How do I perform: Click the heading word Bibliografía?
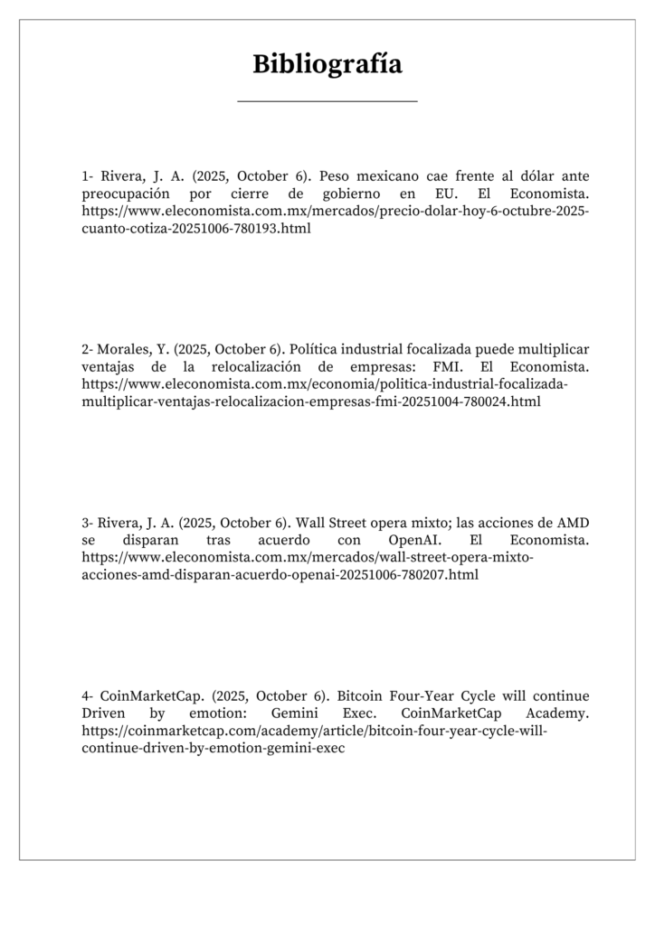point(327,64)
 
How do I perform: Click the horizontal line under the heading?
point(327,101)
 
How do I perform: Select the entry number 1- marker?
point(88,176)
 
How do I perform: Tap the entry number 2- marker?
point(88,349)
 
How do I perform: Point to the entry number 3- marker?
point(88,523)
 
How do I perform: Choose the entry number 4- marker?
point(88,696)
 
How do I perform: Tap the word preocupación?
point(126,194)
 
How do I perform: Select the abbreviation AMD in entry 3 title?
point(573,523)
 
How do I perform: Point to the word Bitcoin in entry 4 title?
point(360,696)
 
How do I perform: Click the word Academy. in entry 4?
point(558,713)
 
